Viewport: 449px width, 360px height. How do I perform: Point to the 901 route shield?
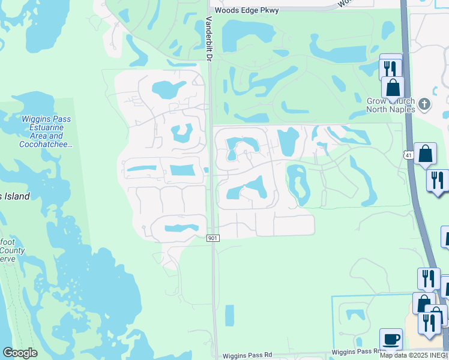click(x=212, y=238)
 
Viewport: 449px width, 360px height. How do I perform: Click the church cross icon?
click(x=424, y=104)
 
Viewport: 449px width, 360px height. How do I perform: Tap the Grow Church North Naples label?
click(x=391, y=105)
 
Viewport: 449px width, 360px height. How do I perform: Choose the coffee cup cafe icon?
click(x=391, y=339)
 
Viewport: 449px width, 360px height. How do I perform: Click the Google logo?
click(x=20, y=353)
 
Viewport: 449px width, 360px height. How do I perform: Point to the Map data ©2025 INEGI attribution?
click(x=414, y=355)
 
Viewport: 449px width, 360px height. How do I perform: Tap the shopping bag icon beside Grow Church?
click(x=393, y=88)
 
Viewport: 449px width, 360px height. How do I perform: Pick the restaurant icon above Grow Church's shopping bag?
click(x=391, y=67)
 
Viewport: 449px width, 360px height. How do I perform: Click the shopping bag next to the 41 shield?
click(x=426, y=154)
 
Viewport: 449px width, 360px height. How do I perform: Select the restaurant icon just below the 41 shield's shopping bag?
click(x=438, y=179)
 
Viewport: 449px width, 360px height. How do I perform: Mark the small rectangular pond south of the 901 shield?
click(x=229, y=316)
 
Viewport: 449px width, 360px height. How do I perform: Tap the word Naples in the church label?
click(x=402, y=109)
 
